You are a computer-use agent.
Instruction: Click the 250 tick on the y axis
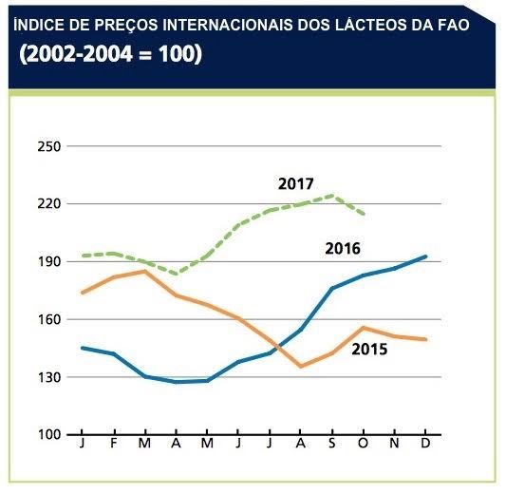pyautogui.click(x=48, y=146)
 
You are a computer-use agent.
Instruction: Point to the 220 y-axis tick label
pyautogui.click(x=48, y=203)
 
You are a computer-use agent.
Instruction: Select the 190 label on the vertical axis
pyautogui.click(x=48, y=261)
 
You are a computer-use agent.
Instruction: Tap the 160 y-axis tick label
pyautogui.click(x=48, y=319)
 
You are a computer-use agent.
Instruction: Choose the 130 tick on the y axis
pyautogui.click(x=48, y=377)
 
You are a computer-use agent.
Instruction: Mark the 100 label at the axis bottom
pyautogui.click(x=48, y=435)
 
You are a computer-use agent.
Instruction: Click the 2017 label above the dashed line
pyautogui.click(x=295, y=183)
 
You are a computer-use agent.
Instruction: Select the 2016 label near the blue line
pyautogui.click(x=342, y=249)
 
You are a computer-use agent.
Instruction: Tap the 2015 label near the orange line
pyautogui.click(x=369, y=349)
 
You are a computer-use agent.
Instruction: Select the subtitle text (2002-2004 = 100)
pyautogui.click(x=110, y=55)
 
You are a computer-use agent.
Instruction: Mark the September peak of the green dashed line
pyautogui.click(x=331, y=196)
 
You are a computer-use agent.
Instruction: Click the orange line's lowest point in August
pyautogui.click(x=300, y=366)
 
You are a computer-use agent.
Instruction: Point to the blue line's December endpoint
pyautogui.click(x=425, y=256)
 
